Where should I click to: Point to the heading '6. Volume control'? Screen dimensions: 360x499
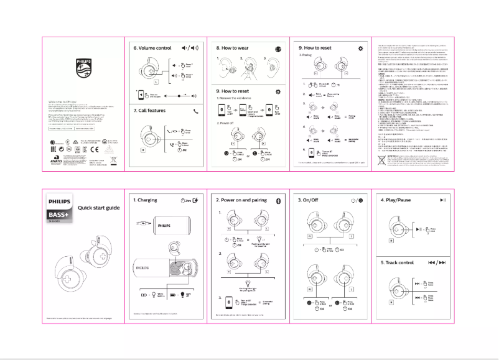click(x=152, y=47)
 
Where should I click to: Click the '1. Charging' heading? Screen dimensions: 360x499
click(x=147, y=200)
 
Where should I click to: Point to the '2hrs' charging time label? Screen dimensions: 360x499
click(x=184, y=200)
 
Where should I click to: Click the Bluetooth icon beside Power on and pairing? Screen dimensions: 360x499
click(x=278, y=200)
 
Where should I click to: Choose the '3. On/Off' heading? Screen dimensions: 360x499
click(x=310, y=200)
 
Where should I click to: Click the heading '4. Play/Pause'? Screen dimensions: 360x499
click(x=396, y=200)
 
